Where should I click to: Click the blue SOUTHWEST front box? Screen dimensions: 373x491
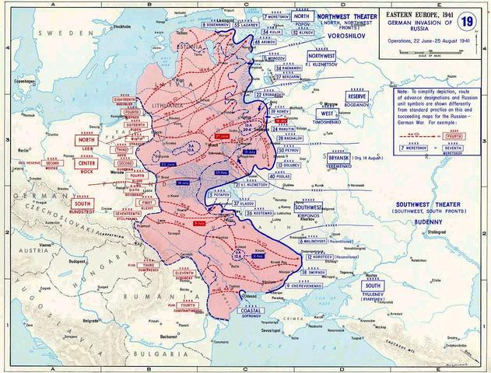pyautogui.click(x=308, y=209)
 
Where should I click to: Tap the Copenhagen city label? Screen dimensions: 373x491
pyautogui.click(x=13, y=80)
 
